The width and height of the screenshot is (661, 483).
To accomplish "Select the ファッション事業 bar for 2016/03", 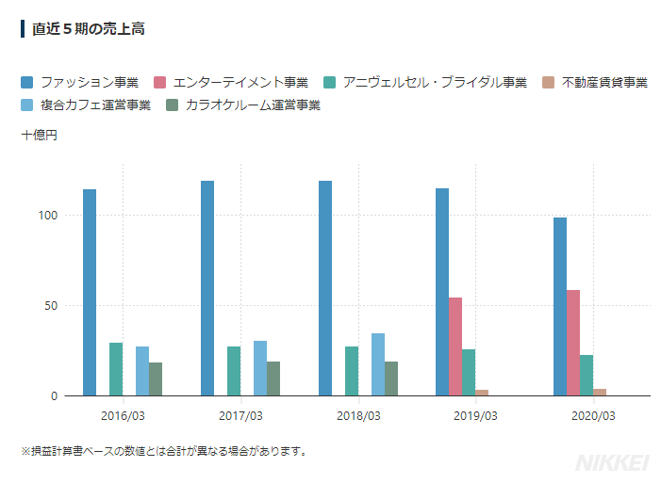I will (90, 292).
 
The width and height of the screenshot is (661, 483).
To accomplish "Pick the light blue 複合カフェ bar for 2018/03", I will (377, 364).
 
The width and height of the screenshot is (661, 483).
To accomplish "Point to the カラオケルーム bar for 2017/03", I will (273, 378).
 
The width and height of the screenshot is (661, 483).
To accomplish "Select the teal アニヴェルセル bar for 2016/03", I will (116, 369).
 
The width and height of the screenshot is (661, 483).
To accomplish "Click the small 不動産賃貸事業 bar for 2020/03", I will (600, 392).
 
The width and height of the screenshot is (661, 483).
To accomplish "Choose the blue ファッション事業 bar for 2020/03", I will (560, 306).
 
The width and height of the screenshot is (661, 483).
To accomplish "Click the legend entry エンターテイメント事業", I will (231, 83).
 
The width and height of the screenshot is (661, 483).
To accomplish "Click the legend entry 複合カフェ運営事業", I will (86, 105).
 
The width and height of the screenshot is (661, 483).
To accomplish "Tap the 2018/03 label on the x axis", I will (358, 415).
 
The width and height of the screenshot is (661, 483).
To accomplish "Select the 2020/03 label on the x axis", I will (593, 415).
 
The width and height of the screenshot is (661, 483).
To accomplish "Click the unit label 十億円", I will (39, 137).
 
